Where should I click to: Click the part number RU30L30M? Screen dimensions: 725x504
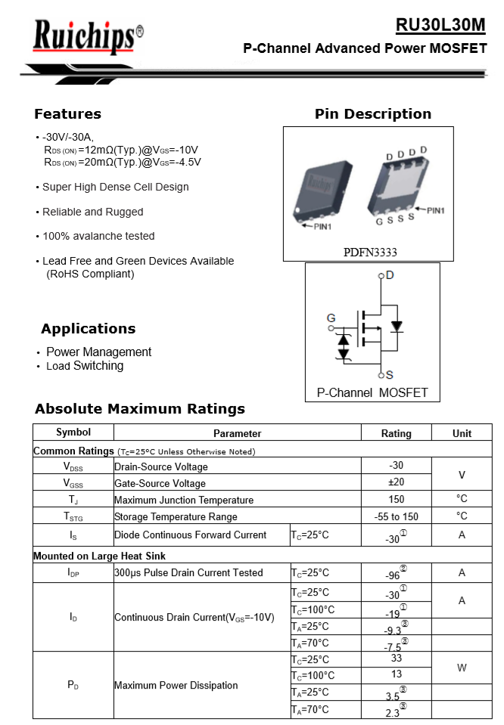pyautogui.click(x=440, y=25)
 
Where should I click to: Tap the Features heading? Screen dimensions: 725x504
pyautogui.click(x=67, y=114)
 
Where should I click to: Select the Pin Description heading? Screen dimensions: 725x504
pyautogui.click(x=372, y=114)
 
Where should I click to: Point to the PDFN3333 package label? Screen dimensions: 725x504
pyautogui.click(x=371, y=252)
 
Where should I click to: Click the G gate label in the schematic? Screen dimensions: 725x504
pyautogui.click(x=331, y=318)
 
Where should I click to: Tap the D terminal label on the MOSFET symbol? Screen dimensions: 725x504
pyautogui.click(x=389, y=275)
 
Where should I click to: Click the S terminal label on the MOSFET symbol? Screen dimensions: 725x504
pyautogui.click(x=389, y=374)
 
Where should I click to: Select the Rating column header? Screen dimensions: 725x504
pyautogui.click(x=396, y=433)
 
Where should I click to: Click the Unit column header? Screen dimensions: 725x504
pyautogui.click(x=462, y=433)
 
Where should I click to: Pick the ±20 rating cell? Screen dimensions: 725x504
pyautogui.click(x=396, y=482)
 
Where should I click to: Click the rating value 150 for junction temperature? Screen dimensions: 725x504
pyautogui.click(x=396, y=499)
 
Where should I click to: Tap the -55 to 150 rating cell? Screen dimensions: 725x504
pyautogui.click(x=396, y=516)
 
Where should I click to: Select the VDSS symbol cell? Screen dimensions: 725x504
pyautogui.click(x=73, y=467)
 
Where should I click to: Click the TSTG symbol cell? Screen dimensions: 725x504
pyautogui.click(x=73, y=517)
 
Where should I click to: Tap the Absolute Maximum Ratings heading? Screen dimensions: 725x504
pyautogui.click(x=140, y=409)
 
